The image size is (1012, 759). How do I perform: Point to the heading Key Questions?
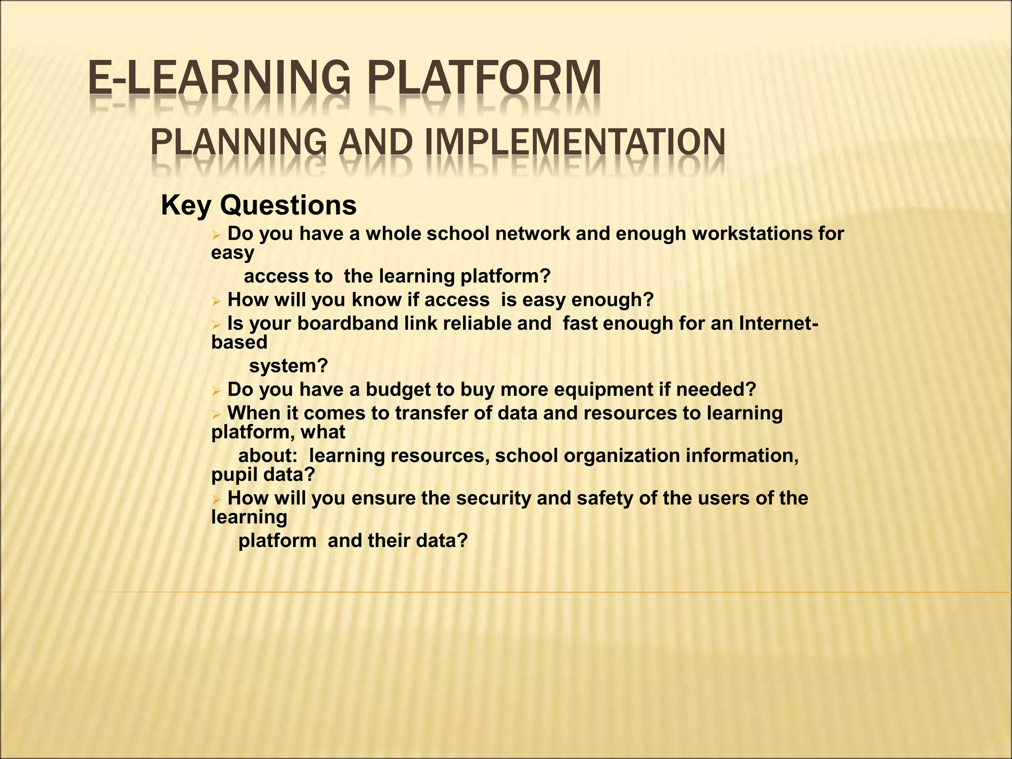258,205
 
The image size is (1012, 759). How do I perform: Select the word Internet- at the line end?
779,324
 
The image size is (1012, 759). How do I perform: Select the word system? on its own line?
289,366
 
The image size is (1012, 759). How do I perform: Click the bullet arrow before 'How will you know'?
215,301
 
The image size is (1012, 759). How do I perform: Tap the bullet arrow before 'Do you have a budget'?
215,391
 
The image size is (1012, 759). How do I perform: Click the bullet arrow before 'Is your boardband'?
215,325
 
